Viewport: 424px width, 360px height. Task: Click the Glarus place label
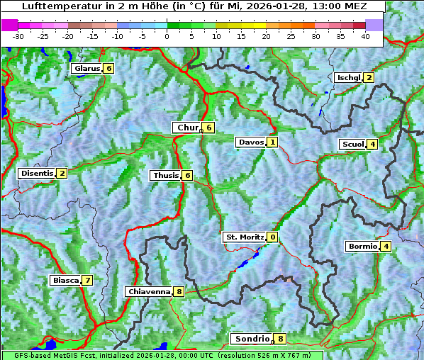(86, 68)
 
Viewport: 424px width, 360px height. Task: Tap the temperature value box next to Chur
(209, 128)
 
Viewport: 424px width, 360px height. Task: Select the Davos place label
(251, 142)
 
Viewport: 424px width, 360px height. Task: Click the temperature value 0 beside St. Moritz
(273, 237)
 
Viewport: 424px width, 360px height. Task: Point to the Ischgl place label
(348, 77)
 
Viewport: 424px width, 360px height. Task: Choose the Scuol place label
(352, 144)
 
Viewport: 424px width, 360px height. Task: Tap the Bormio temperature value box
(386, 247)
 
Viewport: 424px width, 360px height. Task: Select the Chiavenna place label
(149, 291)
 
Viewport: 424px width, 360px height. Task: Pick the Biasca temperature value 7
(87, 280)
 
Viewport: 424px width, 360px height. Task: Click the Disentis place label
(37, 173)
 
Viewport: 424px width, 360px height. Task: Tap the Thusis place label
(165, 175)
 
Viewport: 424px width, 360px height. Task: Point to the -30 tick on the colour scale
(18, 35)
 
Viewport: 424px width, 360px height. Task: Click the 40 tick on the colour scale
(365, 35)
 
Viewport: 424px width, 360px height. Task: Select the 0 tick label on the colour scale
(167, 35)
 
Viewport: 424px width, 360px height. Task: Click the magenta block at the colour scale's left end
(9, 25)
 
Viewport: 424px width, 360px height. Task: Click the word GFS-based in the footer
(23, 355)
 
